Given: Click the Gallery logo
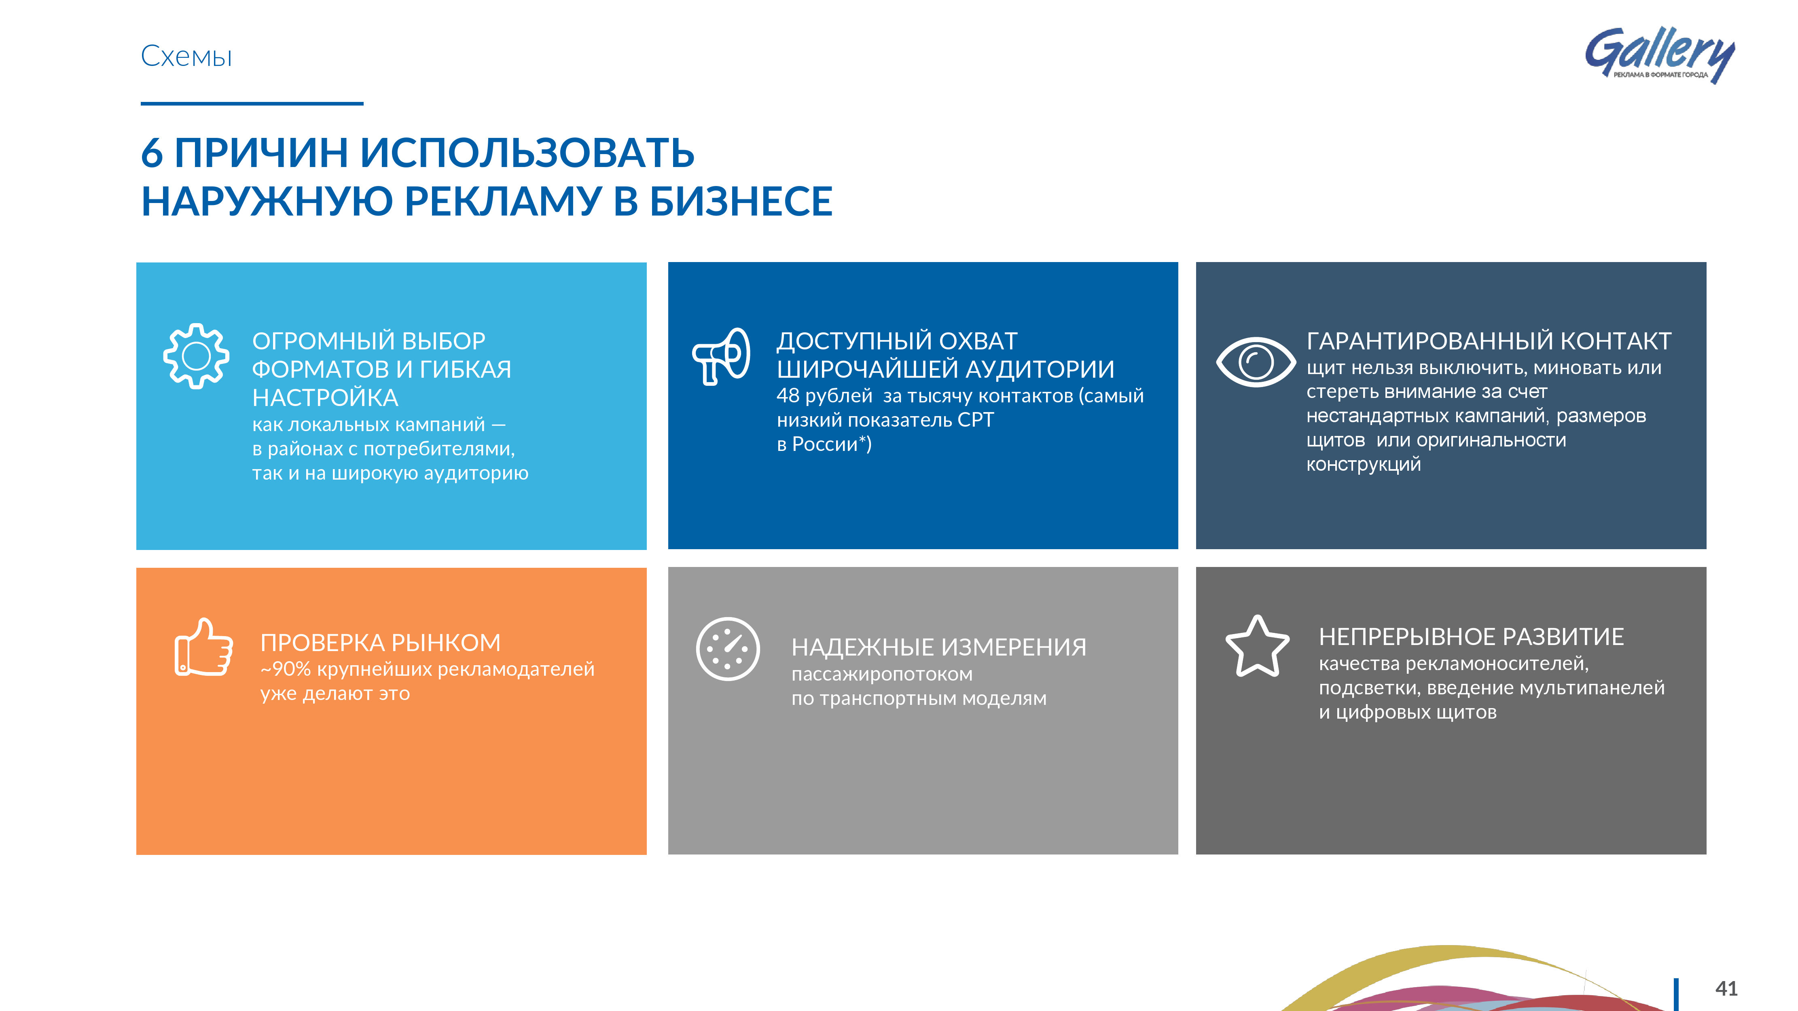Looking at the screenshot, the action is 1659,55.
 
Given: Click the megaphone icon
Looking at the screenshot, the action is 721,356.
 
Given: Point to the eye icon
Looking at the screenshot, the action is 1256,362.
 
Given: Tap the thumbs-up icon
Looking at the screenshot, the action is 203,647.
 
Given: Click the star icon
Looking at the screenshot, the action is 1257,646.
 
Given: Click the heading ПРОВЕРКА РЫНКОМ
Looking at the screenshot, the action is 380,642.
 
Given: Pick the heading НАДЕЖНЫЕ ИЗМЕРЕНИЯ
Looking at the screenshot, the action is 939,647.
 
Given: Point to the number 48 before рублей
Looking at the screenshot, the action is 788,396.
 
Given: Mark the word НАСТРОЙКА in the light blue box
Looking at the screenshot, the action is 325,398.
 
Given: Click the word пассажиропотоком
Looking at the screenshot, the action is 881,675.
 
